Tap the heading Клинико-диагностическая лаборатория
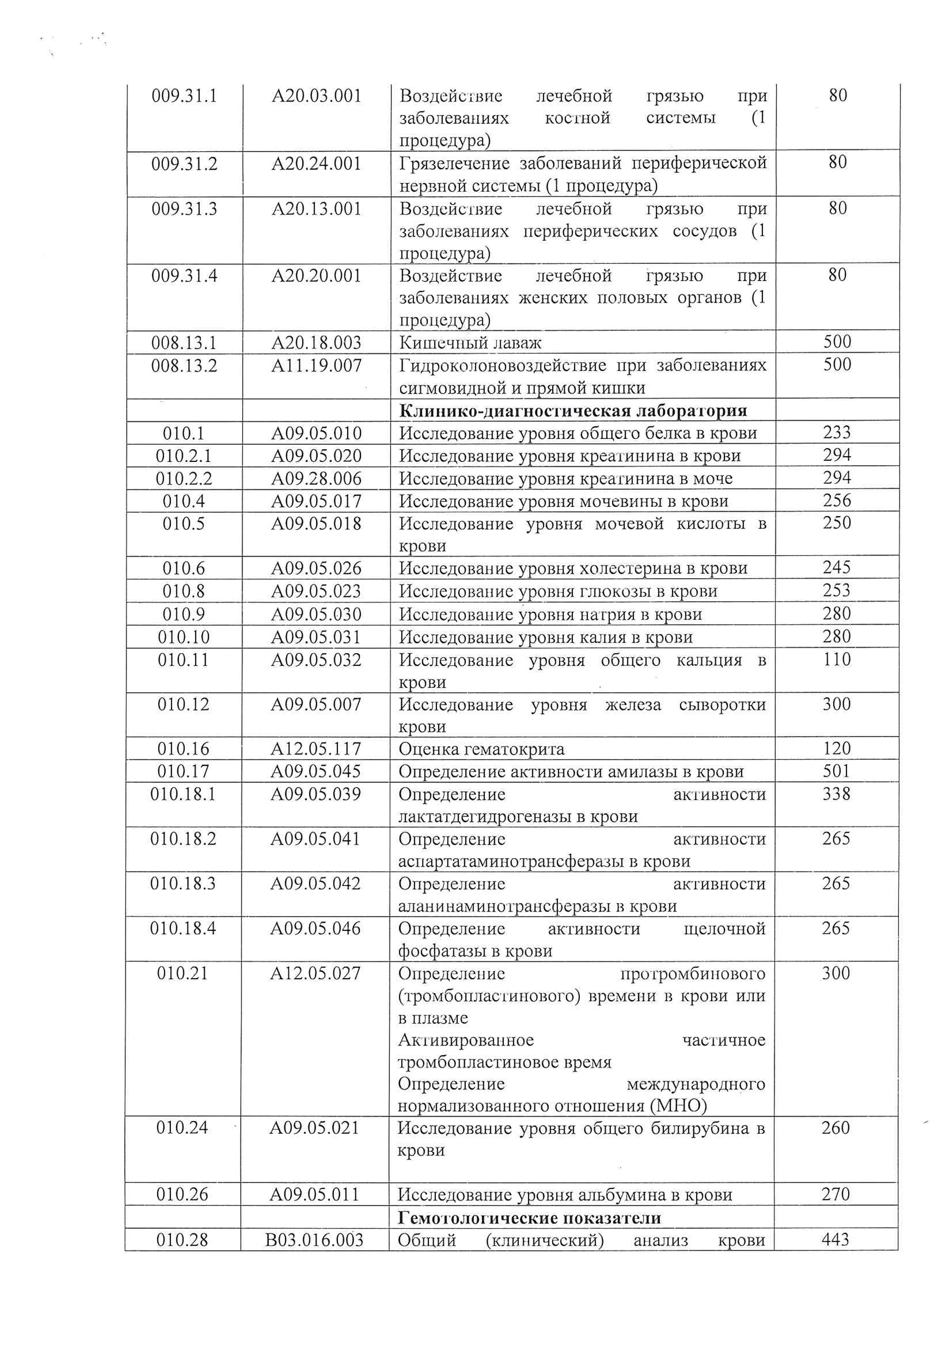pos(573,411)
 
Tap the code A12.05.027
pos(316,974)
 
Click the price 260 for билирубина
pos(835,1128)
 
